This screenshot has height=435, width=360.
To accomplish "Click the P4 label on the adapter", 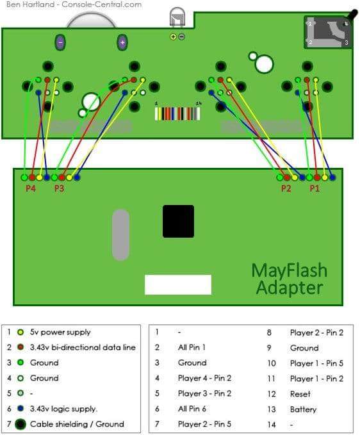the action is [31, 188].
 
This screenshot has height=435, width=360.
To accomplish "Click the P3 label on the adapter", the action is [59, 188].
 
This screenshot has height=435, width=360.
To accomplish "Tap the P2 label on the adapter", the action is [286, 188].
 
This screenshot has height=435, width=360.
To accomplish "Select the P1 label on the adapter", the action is [315, 188].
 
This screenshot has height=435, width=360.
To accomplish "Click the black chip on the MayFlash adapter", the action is [178, 222].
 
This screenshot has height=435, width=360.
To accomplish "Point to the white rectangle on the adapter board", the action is [178, 284].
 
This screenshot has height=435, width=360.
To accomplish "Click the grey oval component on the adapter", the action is [120, 234].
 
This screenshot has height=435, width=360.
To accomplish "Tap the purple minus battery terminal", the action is [60, 43].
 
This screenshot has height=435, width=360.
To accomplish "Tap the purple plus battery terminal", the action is [122, 43].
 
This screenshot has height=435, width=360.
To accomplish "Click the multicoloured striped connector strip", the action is [177, 113].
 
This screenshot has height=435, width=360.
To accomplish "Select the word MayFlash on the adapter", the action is [290, 270].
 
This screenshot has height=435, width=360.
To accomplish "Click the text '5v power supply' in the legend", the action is [60, 332].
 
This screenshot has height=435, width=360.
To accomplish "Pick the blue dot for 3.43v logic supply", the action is [20, 408].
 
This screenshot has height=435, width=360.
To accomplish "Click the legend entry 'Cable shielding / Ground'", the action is [77, 424].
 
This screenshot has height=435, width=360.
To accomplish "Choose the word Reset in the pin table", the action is [300, 394].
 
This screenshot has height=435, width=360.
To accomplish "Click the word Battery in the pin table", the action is [303, 409].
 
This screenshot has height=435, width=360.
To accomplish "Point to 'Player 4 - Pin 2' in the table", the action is [205, 378].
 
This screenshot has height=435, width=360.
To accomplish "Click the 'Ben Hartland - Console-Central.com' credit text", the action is [74, 4].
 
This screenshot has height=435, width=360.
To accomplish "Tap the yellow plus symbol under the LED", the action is [174, 37].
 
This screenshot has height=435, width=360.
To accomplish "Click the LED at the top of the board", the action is [177, 17].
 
